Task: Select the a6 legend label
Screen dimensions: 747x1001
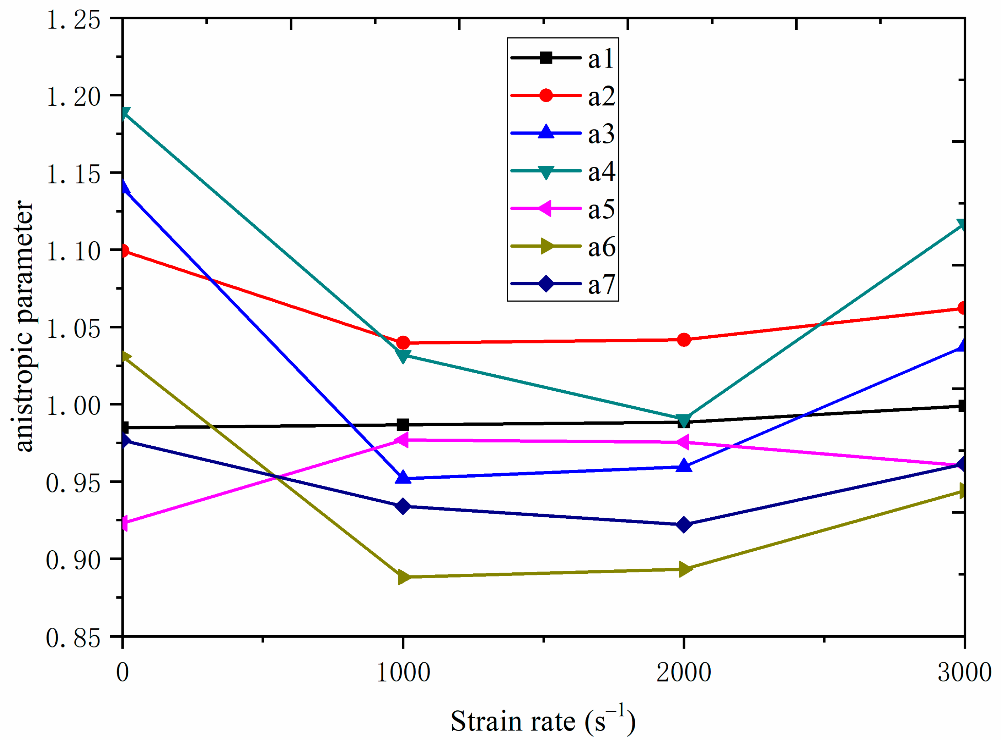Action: click(601, 247)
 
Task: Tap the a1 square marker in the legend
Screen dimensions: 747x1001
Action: click(546, 58)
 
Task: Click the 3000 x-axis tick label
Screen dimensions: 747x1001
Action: click(964, 672)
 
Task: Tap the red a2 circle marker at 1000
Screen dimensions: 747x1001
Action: click(403, 343)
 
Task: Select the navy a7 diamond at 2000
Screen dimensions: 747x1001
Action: click(684, 524)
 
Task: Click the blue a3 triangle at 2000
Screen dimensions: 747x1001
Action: click(684, 466)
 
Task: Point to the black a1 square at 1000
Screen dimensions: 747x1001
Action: click(403, 425)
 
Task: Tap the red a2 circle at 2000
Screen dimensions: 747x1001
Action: click(684, 340)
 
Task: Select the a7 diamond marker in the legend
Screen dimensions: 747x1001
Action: click(546, 284)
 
